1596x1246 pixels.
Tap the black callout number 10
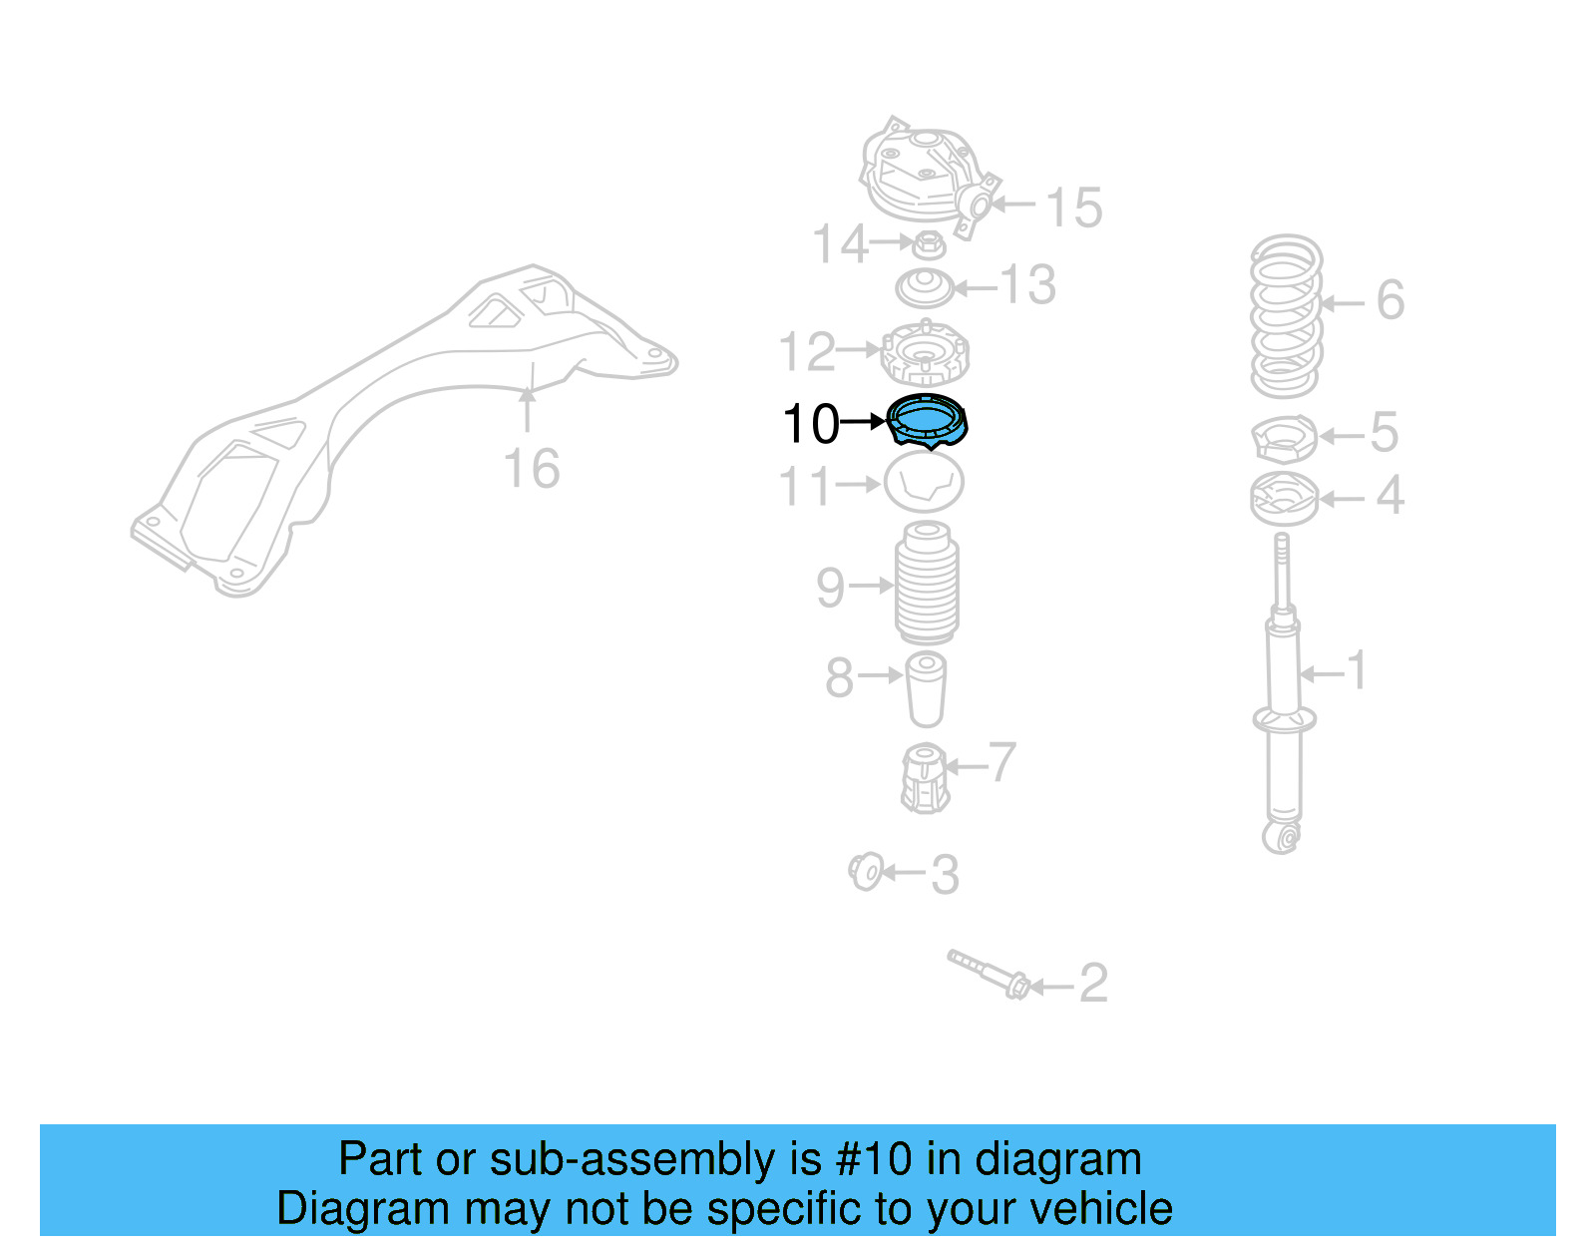tap(811, 424)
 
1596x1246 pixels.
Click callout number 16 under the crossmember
tap(531, 469)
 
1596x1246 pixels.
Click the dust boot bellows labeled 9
tap(927, 585)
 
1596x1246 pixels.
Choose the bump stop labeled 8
tap(926, 688)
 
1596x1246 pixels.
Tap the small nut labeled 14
tap(929, 243)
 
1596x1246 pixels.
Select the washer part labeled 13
tap(925, 288)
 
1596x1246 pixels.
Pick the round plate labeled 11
tap(924, 483)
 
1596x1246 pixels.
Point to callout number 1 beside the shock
tap(1357, 670)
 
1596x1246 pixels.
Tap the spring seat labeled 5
tap(1285, 438)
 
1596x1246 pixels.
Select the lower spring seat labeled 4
tap(1284, 499)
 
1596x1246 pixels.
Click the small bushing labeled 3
tap(866, 872)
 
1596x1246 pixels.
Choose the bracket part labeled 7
tap(925, 778)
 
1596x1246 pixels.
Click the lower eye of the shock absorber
tap(1282, 836)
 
